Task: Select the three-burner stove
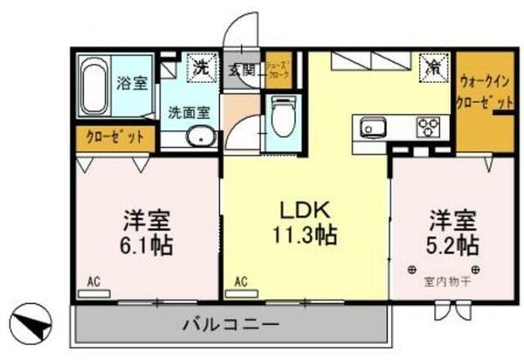point(427,128)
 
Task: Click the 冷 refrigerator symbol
point(433,66)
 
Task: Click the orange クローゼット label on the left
point(114,137)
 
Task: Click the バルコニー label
point(231,325)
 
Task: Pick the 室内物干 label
point(447,281)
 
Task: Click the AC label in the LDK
point(241,281)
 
